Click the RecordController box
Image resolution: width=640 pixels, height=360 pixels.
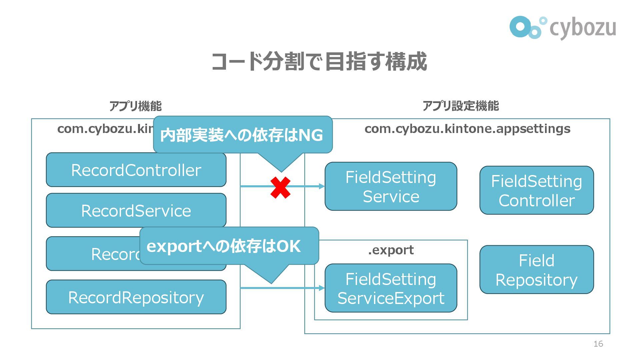136,170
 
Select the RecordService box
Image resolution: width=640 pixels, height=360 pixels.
136,211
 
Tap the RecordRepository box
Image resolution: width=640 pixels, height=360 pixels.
136,297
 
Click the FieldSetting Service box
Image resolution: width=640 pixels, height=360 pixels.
391,187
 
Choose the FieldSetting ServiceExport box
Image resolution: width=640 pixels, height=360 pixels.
391,288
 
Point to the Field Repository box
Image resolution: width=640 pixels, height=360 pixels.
536,270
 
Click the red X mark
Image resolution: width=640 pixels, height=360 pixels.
280,188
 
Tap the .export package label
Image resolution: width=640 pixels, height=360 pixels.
391,250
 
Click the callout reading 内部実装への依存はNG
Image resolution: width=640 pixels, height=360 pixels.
242,135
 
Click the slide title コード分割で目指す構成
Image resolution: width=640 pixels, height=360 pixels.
319,62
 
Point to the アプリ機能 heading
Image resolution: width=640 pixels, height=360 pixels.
135,106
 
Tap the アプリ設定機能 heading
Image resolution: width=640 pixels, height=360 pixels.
461,106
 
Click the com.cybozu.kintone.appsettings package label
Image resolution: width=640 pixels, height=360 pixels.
467,129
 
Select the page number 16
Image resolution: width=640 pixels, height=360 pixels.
598,344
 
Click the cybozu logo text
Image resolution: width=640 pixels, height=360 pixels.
582,28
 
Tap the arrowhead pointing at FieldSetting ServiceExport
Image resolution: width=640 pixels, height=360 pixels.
322,288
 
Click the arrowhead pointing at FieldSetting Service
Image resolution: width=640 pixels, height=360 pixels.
322,186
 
